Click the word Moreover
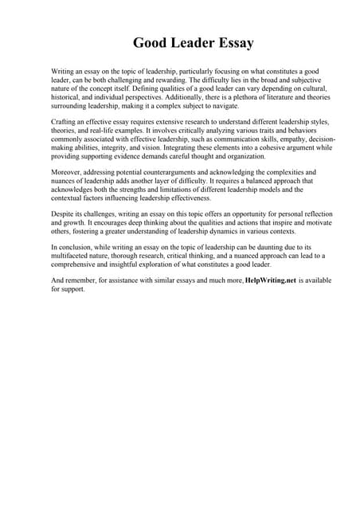67,171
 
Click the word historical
67,96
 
